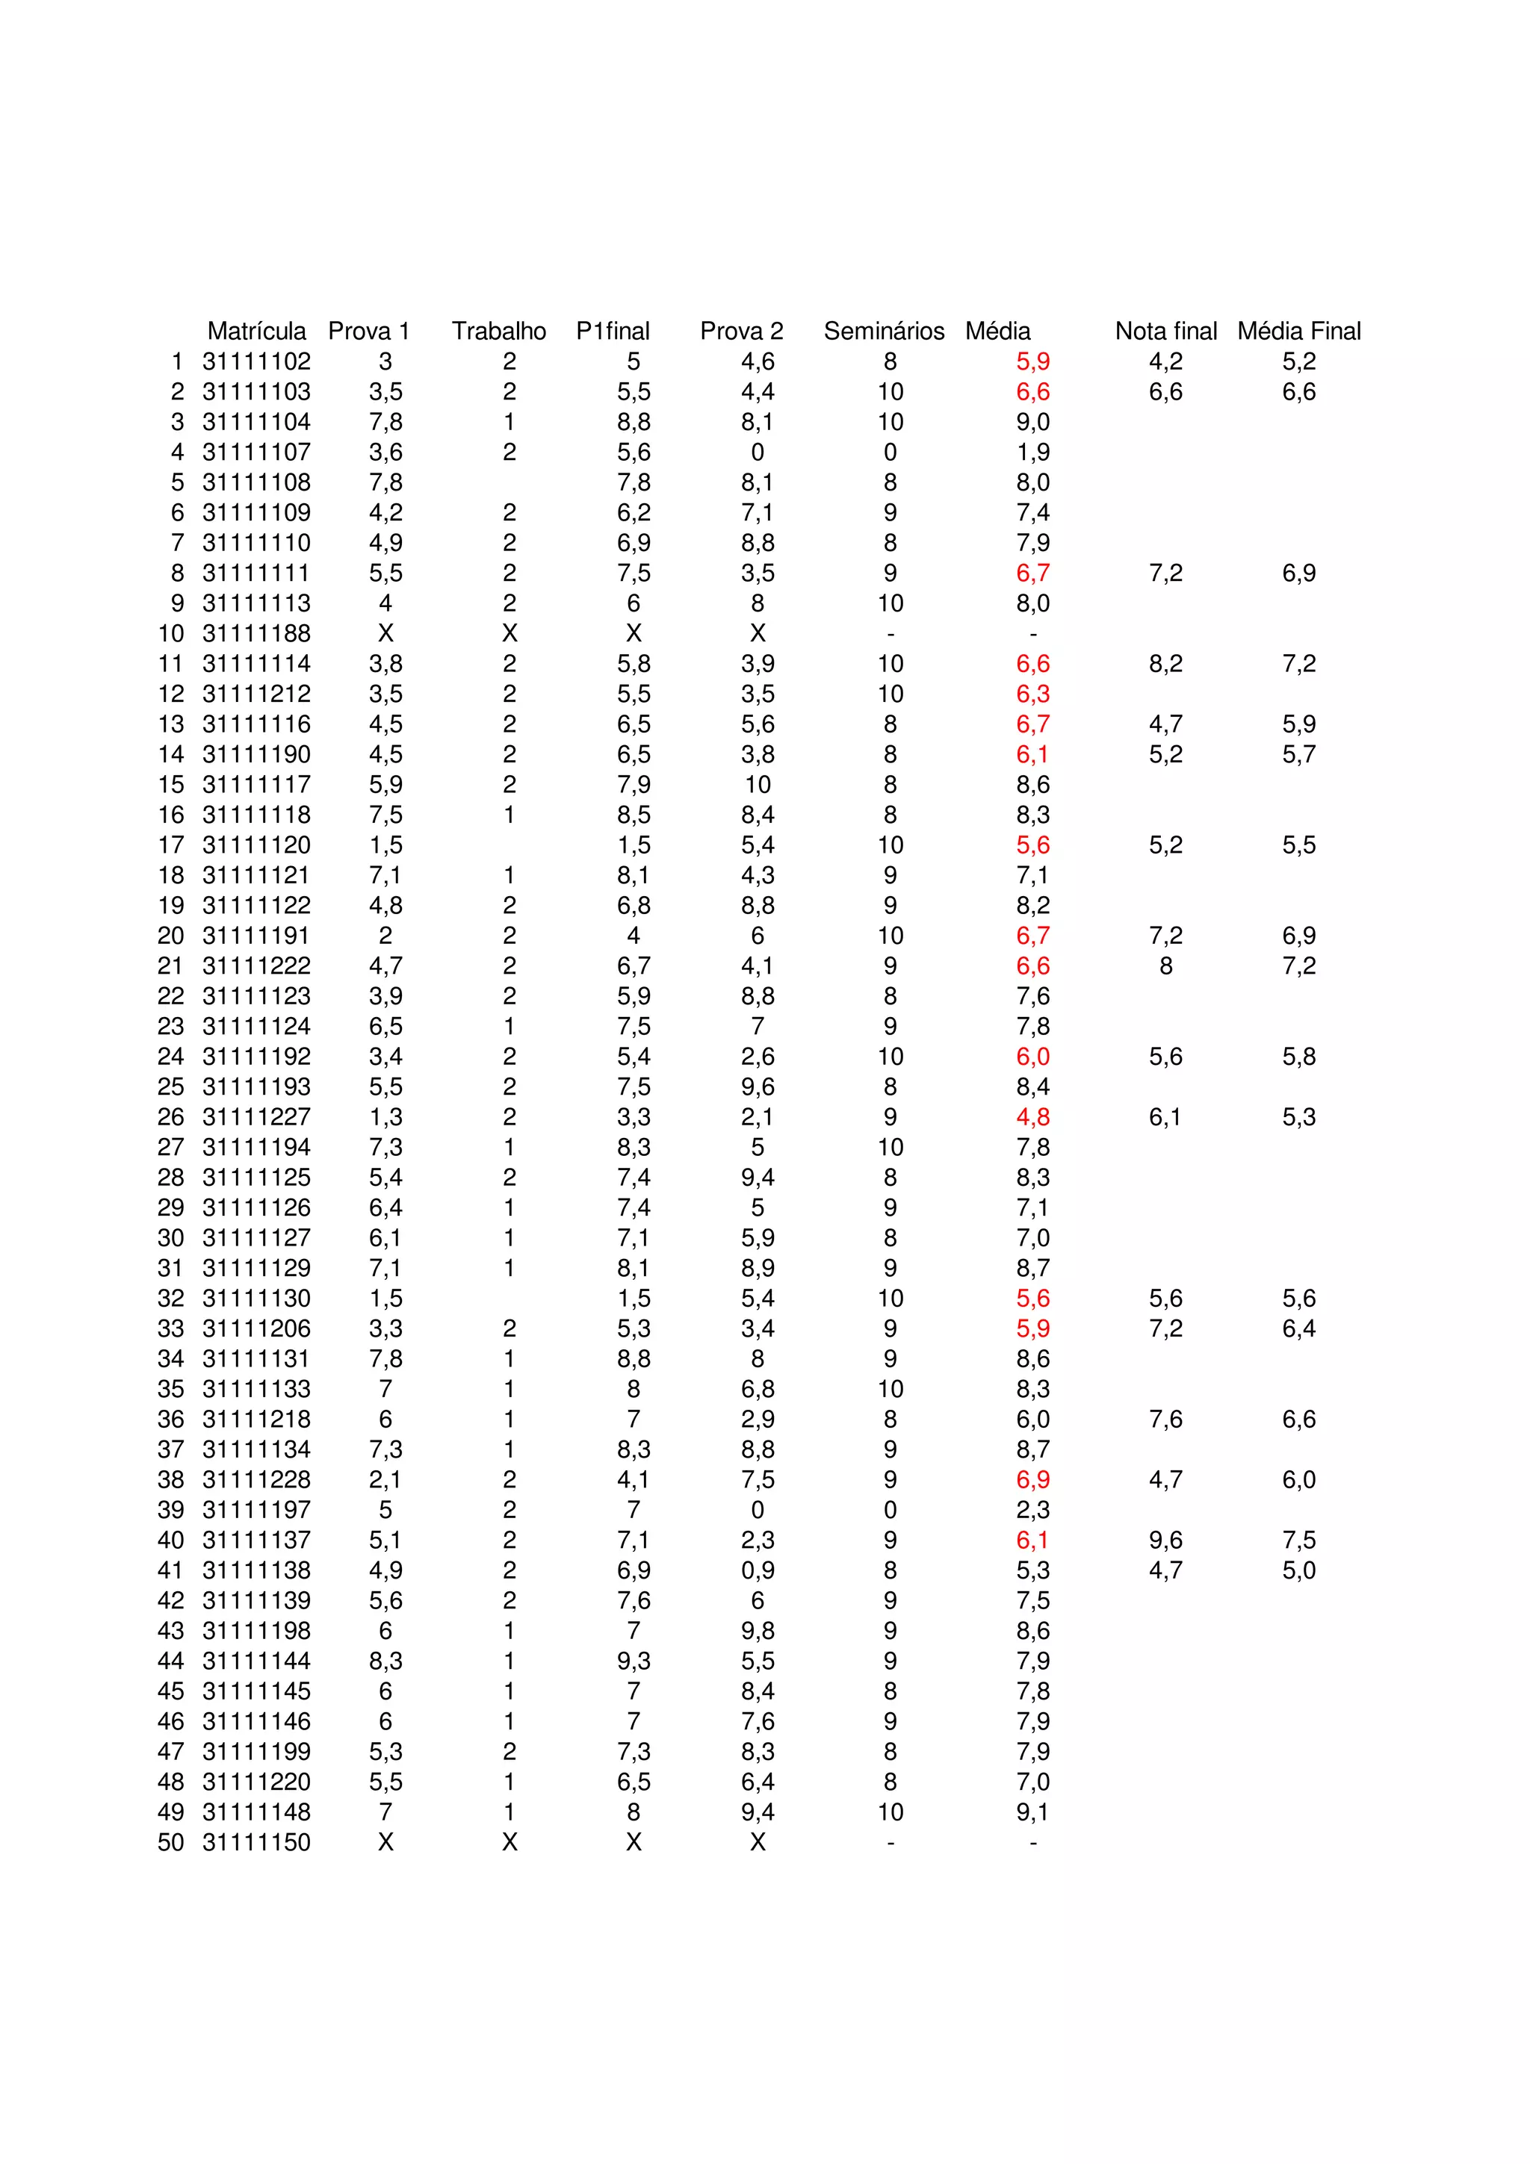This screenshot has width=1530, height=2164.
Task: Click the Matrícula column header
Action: click(256, 331)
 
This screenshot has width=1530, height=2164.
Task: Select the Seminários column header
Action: click(883, 331)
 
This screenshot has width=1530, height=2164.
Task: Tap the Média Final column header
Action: click(1298, 331)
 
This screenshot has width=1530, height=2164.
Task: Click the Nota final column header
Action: click(1165, 331)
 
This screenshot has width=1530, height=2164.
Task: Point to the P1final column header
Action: click(613, 331)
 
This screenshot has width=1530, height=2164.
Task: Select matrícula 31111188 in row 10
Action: click(256, 633)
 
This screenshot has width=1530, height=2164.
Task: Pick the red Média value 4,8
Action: click(1032, 1117)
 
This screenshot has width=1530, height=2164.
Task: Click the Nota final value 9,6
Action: click(1165, 1540)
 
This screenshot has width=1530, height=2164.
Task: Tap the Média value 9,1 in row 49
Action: click(1032, 1812)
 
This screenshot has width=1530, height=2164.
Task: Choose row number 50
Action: click(170, 1841)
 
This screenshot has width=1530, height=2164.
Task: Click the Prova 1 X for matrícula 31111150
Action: click(385, 1841)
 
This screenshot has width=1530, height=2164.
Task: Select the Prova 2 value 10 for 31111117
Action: click(757, 784)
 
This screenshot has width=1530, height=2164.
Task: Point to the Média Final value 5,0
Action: click(1298, 1570)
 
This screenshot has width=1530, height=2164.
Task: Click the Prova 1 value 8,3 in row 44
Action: click(385, 1661)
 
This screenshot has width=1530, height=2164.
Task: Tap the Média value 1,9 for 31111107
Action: click(1032, 453)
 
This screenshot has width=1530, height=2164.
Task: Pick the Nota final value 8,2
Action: click(1165, 664)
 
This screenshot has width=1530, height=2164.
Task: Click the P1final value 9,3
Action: click(634, 1661)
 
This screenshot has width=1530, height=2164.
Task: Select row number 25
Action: click(170, 1086)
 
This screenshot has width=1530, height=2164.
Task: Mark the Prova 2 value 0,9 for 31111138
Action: click(757, 1570)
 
